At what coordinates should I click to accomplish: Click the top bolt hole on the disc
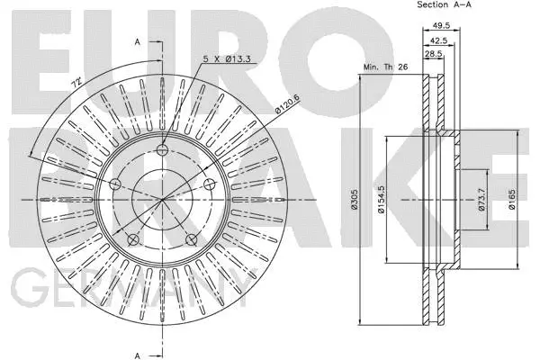click(x=162, y=150)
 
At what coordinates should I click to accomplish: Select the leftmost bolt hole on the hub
click(x=115, y=184)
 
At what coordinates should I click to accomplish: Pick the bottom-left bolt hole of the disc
click(x=133, y=239)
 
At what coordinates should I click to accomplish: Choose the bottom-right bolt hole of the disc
click(x=191, y=239)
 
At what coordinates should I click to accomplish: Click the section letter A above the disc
click(x=137, y=43)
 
